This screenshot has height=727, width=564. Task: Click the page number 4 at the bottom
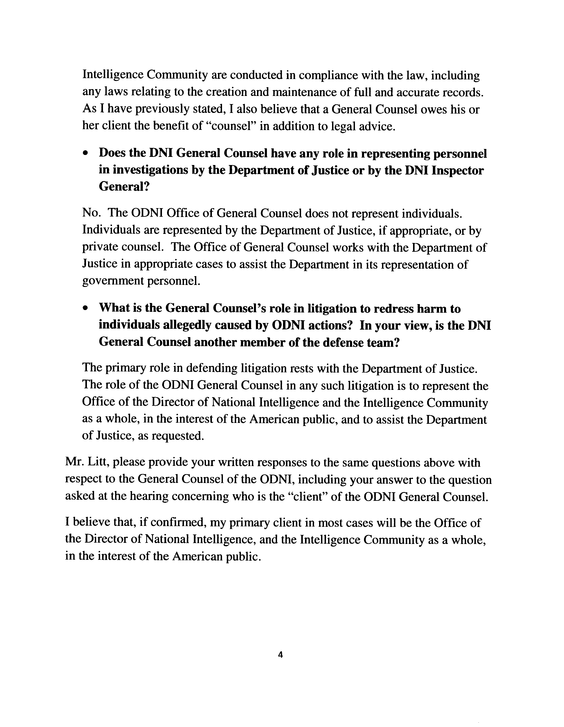pyautogui.click(x=280, y=655)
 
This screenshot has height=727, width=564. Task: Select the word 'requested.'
pyautogui.click(x=177, y=435)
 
